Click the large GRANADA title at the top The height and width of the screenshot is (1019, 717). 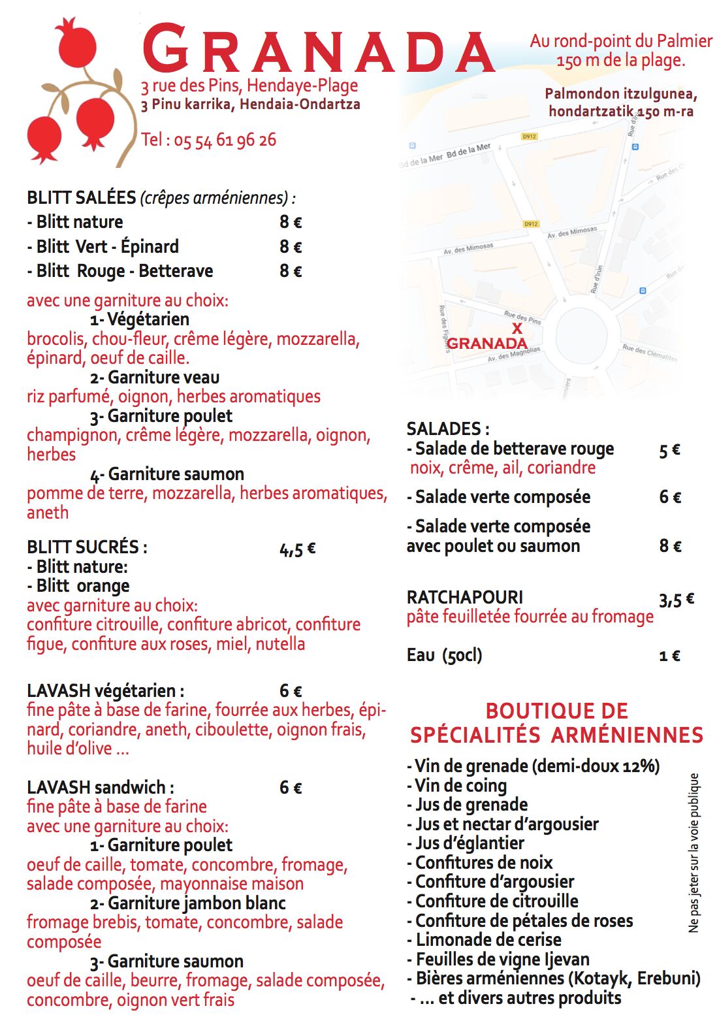pyautogui.click(x=318, y=49)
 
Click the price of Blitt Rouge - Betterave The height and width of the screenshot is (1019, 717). pyautogui.click(x=291, y=271)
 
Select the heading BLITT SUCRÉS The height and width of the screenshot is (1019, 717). pyautogui.click(x=87, y=547)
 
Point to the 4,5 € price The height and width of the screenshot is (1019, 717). pyautogui.click(x=297, y=549)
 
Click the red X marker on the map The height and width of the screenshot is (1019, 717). pyautogui.click(x=517, y=328)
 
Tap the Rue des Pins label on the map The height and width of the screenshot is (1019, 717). pyautogui.click(x=522, y=317)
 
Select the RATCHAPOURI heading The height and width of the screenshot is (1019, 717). pyautogui.click(x=464, y=597)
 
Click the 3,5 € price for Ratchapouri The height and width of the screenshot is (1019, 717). pyautogui.click(x=676, y=599)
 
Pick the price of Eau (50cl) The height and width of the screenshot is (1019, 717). pyautogui.click(x=669, y=656)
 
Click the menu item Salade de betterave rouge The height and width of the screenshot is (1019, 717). pyautogui.click(x=510, y=449)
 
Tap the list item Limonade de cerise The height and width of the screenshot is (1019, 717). pyautogui.click(x=484, y=940)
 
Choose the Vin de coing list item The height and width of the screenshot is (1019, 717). pyautogui.click(x=456, y=785)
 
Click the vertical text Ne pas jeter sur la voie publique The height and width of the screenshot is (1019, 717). pyautogui.click(x=693, y=852)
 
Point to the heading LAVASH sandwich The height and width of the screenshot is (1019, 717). pyautogui.click(x=100, y=787)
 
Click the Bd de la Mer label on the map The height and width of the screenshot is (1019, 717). pyautogui.click(x=468, y=152)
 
